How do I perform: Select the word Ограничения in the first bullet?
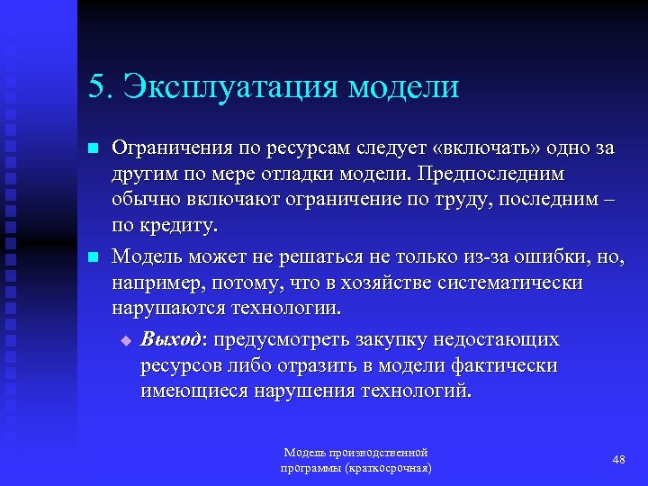[169, 148]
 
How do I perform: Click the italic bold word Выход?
[174, 341]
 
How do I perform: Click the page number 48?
[618, 460]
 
